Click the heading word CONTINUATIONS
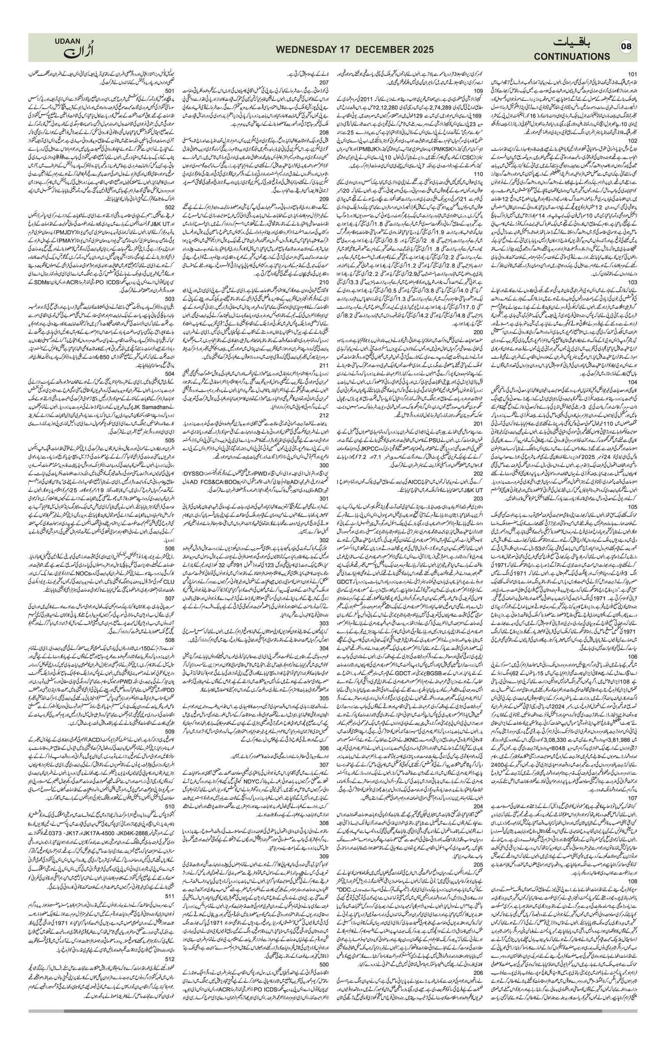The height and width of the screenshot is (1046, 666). tap(572, 57)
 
